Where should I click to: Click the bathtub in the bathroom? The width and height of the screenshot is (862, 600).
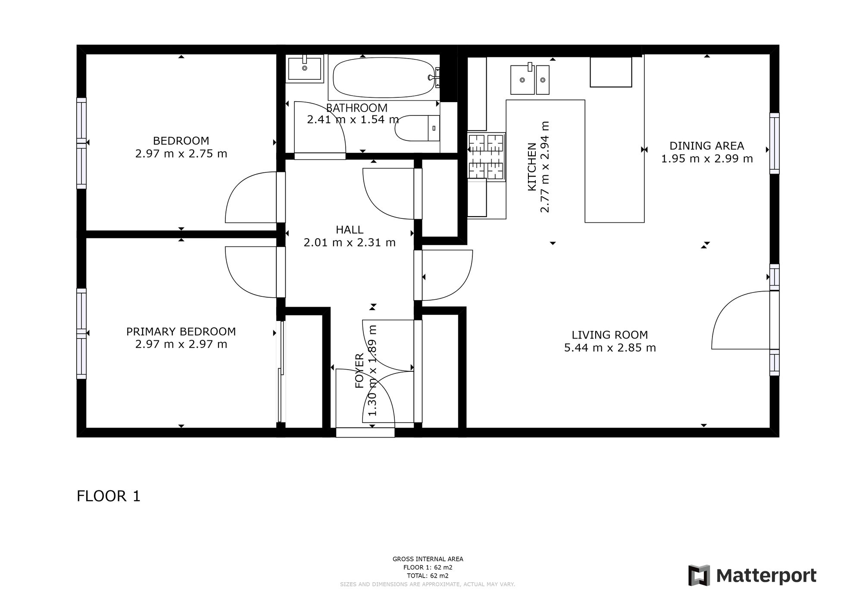(384, 78)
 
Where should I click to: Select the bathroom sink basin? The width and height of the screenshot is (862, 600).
(305, 68)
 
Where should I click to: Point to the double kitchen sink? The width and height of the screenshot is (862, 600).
(530, 79)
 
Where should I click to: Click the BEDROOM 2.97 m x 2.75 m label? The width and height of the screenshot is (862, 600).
(181, 147)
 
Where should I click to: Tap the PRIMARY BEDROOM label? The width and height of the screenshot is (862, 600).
(181, 332)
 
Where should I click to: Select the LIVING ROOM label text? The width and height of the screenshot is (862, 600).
(610, 335)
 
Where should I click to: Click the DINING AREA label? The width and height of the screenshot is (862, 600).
(707, 146)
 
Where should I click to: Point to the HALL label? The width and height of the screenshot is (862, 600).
(350, 230)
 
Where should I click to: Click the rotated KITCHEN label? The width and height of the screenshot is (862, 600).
(532, 167)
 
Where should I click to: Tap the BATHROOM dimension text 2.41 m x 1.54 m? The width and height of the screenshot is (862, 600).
(353, 119)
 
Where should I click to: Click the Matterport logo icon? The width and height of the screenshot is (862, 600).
(699, 575)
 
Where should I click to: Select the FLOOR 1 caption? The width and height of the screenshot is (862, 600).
(109, 496)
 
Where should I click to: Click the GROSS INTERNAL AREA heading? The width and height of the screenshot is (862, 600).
(428, 559)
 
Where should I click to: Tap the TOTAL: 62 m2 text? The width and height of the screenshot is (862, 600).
(428, 575)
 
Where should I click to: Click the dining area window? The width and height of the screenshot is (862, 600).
(775, 143)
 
